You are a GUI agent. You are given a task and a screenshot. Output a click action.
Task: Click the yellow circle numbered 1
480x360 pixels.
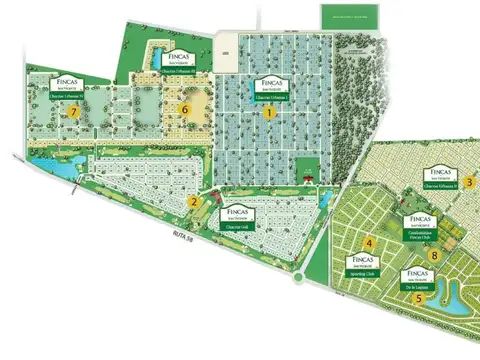click(269, 113)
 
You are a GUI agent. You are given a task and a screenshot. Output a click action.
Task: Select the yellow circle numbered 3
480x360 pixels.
click(468, 181)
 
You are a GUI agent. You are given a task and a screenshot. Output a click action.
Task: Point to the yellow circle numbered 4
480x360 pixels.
click(369, 243)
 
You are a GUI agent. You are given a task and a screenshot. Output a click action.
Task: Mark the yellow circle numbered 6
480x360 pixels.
click(184, 110)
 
